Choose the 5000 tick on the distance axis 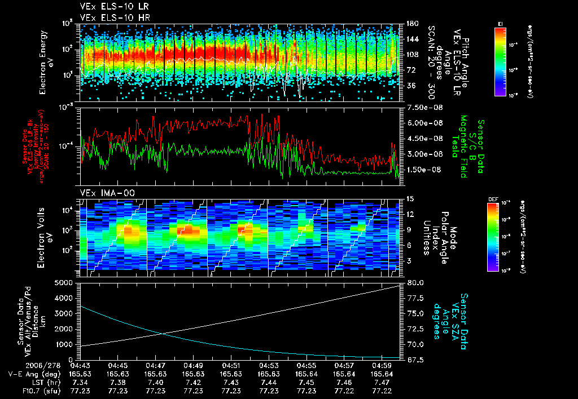(67, 282)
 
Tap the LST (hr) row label (43, 382)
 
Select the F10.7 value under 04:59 (382, 391)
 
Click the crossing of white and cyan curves (163, 333)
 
